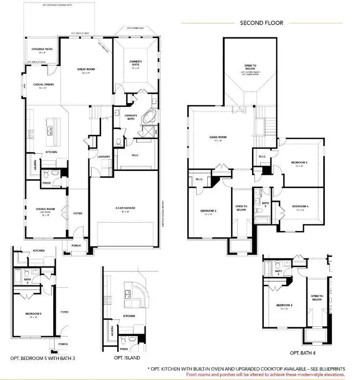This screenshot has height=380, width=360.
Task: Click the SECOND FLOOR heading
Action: (261, 22)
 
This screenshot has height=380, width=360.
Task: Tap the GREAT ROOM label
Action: (86, 69)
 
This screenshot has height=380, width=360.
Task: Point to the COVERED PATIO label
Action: (42, 49)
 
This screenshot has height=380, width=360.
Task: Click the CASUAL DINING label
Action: (43, 84)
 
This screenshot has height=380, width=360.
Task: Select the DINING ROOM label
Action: (45, 209)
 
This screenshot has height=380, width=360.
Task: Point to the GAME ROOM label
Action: (218, 137)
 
